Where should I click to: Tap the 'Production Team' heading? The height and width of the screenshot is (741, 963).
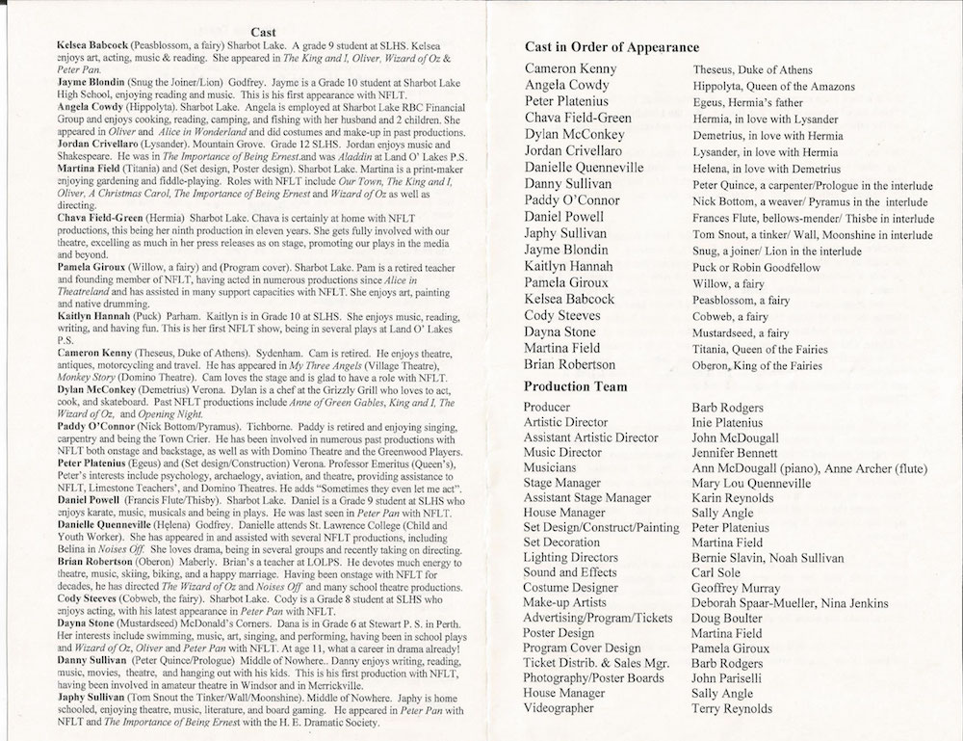click(x=576, y=386)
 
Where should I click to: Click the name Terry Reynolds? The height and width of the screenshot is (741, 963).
click(x=732, y=708)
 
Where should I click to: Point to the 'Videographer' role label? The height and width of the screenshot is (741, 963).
click(x=560, y=708)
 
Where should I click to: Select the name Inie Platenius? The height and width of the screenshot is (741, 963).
click(x=727, y=422)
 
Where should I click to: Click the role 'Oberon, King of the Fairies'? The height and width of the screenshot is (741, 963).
click(x=758, y=366)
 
